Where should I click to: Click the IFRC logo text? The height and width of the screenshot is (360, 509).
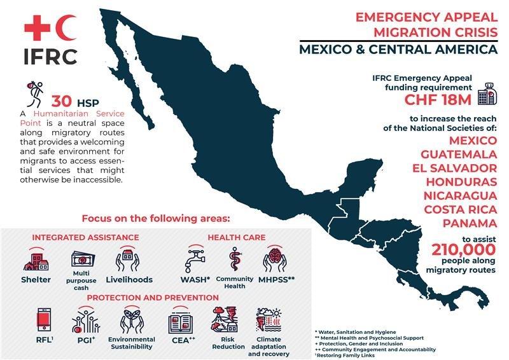pyautogui.click(x=51, y=55)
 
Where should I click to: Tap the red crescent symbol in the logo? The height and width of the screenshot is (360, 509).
pyautogui.click(x=67, y=27)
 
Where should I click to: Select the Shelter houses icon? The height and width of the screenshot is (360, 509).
pyautogui.click(x=36, y=260)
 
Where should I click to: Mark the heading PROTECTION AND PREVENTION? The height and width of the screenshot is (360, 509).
pyautogui.click(x=149, y=297)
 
